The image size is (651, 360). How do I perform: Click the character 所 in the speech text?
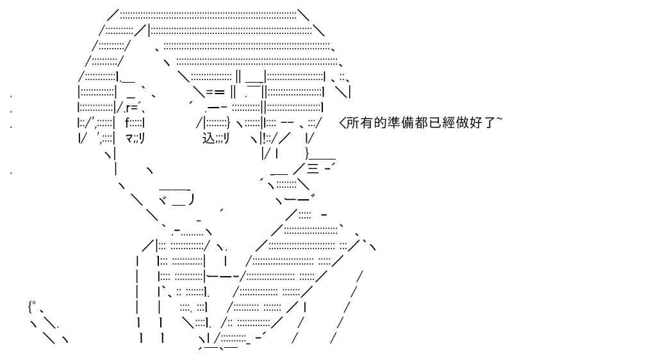click(x=353, y=123)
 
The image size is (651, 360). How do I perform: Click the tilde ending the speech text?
click(x=499, y=120)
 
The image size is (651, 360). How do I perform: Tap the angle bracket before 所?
click(x=343, y=123)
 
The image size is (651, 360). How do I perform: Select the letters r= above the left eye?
click(x=131, y=108)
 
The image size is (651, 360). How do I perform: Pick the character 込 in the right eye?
click(x=208, y=138)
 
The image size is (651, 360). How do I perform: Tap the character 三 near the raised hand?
click(x=313, y=168)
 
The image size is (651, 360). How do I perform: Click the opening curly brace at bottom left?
click(x=30, y=307)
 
